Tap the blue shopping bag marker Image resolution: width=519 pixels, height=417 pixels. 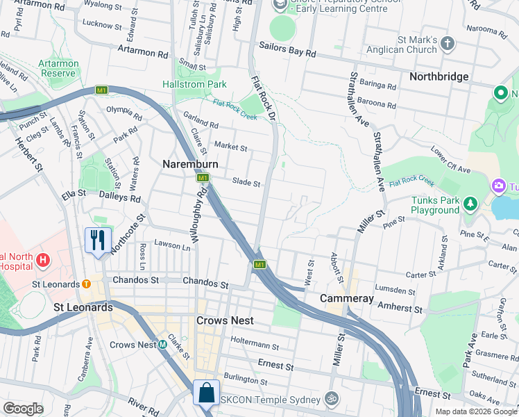(x=207, y=393)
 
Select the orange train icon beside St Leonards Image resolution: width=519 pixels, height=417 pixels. (x=86, y=284)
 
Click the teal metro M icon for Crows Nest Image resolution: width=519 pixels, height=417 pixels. (x=162, y=344)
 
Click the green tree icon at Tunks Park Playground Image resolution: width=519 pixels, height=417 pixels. (x=471, y=203)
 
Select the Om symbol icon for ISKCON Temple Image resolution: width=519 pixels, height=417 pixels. (x=332, y=399)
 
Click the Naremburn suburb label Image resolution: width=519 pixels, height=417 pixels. (x=190, y=165)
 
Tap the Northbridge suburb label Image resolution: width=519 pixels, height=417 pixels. (x=439, y=76)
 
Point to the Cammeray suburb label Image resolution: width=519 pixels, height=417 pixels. (x=347, y=298)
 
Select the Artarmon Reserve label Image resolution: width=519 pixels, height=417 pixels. (x=58, y=68)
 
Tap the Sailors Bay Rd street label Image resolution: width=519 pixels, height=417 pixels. (x=287, y=53)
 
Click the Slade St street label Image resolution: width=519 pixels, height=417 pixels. (x=246, y=183)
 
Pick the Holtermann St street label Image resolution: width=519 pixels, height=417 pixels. (x=255, y=345)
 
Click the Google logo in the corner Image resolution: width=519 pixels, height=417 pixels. (x=24, y=409)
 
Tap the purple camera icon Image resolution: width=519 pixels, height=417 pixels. (x=498, y=186)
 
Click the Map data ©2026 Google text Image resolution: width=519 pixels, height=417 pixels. (x=475, y=411)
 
